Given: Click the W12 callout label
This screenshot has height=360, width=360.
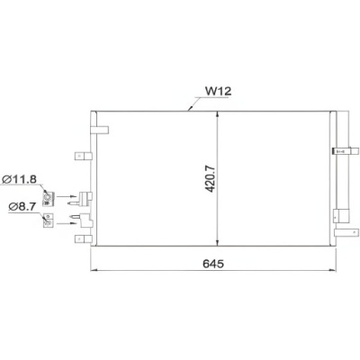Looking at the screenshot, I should (219, 90).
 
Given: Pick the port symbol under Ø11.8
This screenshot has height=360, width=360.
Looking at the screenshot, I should (51, 196).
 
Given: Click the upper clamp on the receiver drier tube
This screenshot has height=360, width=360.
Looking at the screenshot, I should (342, 150).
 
